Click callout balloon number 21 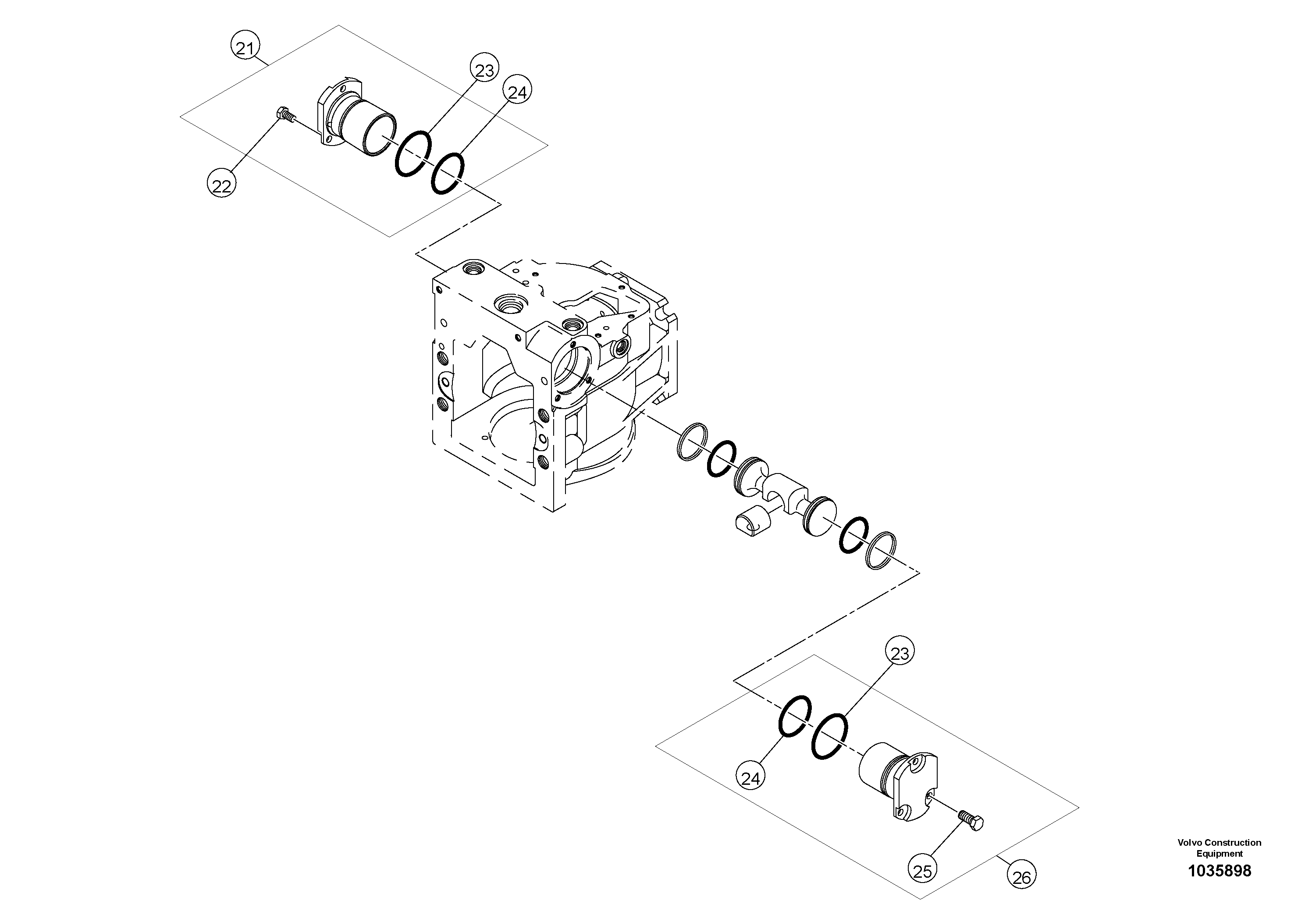tap(245, 48)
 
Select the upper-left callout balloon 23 tap(484, 69)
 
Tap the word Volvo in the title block tap(1190, 842)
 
